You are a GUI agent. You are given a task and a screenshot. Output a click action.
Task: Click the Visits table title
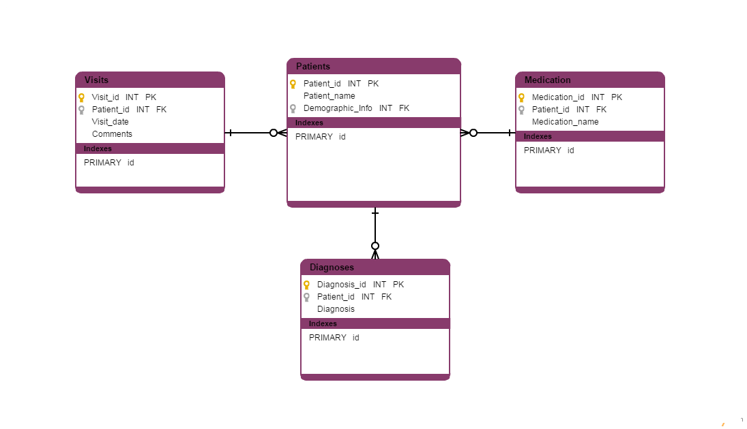[96, 80]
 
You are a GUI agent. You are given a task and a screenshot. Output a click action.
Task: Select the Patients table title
[313, 66]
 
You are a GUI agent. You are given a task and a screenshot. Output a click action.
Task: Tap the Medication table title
[548, 80]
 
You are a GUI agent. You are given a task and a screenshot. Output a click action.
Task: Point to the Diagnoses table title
[332, 267]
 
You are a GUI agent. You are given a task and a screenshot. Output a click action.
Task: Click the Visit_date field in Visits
[111, 122]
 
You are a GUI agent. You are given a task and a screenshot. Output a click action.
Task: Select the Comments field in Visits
[112, 134]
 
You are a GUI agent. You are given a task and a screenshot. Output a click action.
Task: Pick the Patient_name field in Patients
[329, 96]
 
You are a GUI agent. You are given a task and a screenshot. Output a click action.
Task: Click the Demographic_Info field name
[338, 108]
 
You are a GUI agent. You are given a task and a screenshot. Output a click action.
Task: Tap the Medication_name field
[566, 122]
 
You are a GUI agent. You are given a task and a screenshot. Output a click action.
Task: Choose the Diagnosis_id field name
[342, 285]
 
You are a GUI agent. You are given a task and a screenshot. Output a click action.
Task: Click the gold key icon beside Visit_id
[81, 97]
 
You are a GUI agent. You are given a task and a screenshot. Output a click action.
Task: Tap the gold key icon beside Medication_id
[521, 97]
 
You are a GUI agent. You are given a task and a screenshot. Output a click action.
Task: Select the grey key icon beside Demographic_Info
[293, 108]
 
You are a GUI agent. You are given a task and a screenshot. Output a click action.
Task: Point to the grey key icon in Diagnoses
[306, 297]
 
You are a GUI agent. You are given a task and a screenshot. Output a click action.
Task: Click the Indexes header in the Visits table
[98, 148]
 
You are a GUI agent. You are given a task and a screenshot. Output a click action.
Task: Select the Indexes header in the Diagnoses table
[323, 323]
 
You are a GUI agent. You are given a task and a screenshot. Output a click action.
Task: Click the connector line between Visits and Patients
[249, 133]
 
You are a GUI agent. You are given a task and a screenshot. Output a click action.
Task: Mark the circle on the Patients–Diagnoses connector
[375, 246]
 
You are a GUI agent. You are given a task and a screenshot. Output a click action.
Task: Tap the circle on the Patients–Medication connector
[473, 133]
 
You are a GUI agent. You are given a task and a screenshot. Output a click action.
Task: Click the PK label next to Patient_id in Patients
[373, 84]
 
